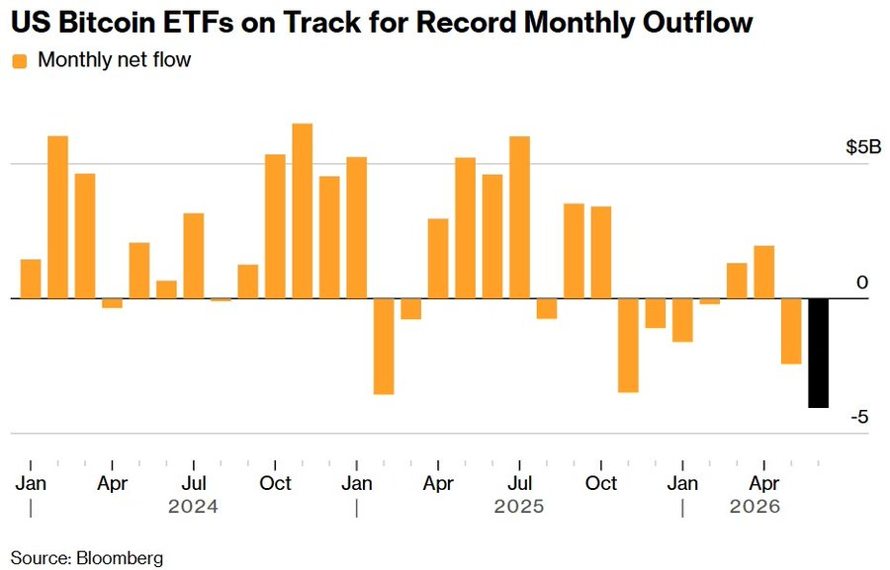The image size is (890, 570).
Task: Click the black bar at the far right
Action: pos(818,353)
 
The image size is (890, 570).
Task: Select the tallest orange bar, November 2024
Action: pos(302,211)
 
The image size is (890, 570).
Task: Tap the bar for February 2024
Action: pos(58,217)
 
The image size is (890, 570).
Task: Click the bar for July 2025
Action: pos(519,217)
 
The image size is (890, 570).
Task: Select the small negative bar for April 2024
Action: pos(113,303)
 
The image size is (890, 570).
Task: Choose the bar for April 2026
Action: pos(764,273)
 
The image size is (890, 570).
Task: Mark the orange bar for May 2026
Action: pos(791,331)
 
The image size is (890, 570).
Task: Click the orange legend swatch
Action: pos(20,61)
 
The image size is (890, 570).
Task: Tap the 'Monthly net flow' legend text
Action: pos(114,59)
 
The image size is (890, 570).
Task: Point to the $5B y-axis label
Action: pos(863,147)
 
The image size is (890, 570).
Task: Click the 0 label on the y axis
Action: pos(862,283)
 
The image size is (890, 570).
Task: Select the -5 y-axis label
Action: pos(860,418)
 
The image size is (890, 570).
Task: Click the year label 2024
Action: pos(193,506)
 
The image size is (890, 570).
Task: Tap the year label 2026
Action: pos(755,506)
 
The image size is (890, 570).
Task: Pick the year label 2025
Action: pos(519,506)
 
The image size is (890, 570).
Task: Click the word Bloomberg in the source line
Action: pos(120,558)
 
